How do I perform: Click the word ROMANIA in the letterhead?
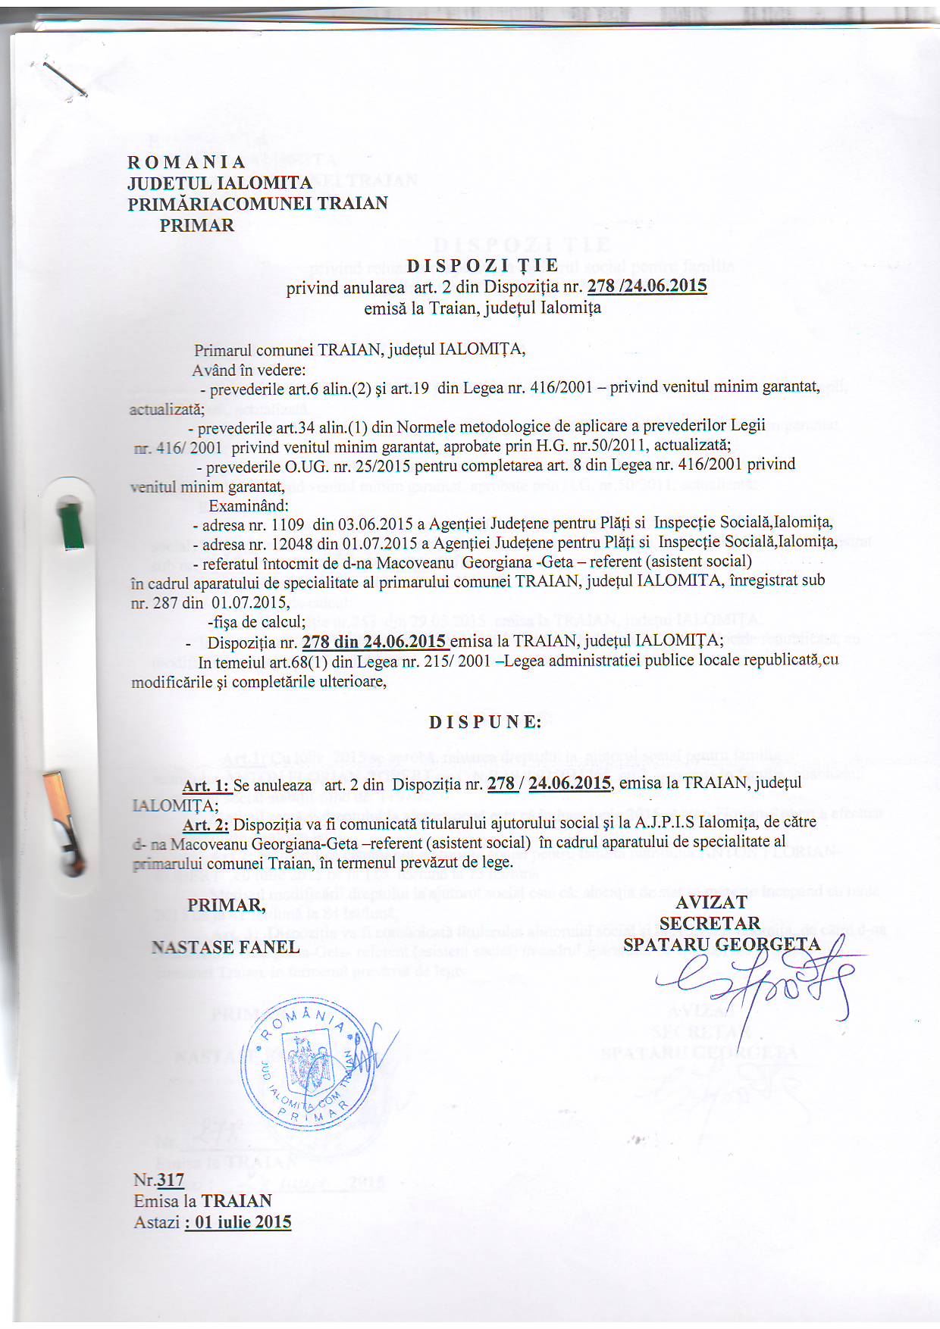(186, 162)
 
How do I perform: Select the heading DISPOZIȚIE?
(483, 265)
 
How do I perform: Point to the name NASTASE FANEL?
(225, 947)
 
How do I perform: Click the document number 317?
(171, 1180)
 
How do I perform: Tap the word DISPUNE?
(485, 722)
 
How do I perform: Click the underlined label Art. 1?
(205, 786)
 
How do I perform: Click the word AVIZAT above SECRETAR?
(711, 902)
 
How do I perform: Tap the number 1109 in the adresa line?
(287, 524)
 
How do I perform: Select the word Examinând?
(249, 505)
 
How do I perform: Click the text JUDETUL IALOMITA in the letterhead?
(220, 183)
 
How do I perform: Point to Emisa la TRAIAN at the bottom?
(202, 1201)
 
